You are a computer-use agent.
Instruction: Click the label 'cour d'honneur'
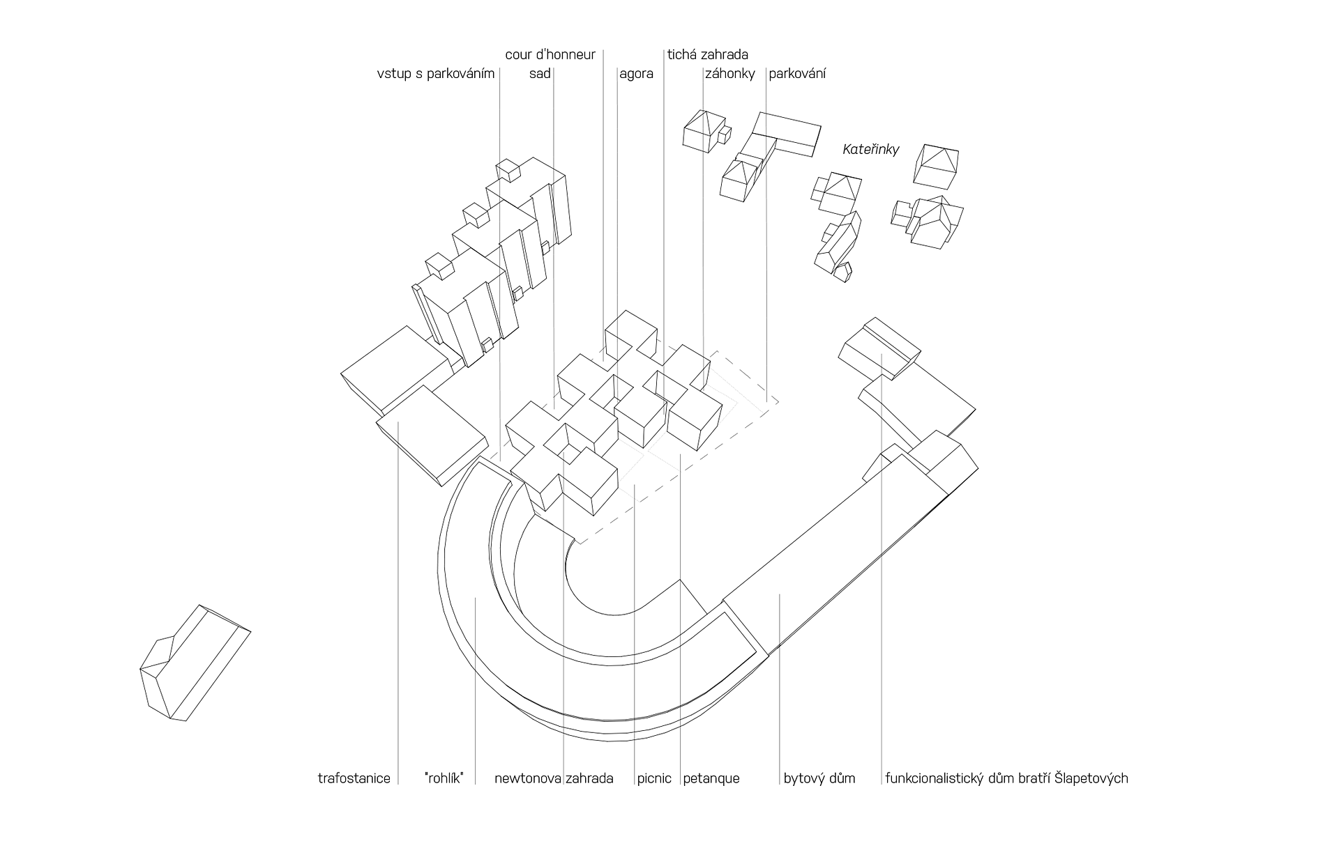click(550, 54)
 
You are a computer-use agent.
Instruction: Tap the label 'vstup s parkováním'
click(435, 74)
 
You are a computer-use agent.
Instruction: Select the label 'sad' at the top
click(540, 74)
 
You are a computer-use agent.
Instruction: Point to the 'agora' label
click(636, 74)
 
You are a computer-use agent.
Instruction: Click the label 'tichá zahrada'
click(707, 54)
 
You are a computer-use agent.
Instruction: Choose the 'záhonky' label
click(729, 74)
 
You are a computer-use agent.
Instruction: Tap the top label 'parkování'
click(797, 74)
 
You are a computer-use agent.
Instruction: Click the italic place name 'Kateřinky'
click(871, 149)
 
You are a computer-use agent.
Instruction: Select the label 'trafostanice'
click(354, 778)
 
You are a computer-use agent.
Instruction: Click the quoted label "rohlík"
click(444, 778)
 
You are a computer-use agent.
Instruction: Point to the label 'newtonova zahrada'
click(554, 778)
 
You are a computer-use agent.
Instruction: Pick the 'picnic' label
click(654, 778)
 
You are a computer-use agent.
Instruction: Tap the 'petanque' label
click(711, 778)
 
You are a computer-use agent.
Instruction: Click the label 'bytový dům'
click(819, 778)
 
